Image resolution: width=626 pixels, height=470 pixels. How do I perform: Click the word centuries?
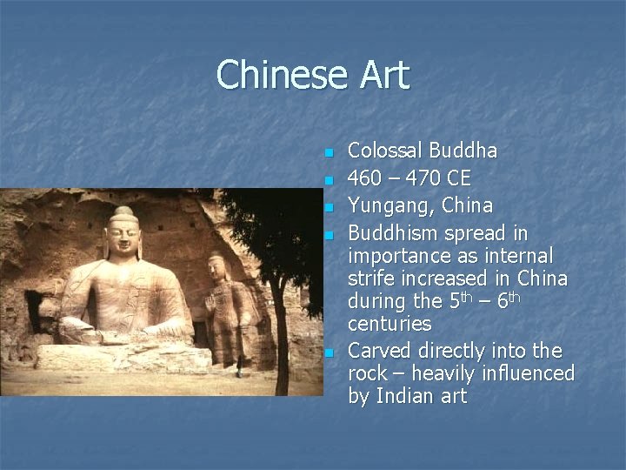[x=390, y=324]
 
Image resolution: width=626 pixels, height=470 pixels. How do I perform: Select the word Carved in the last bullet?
[x=380, y=351]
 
